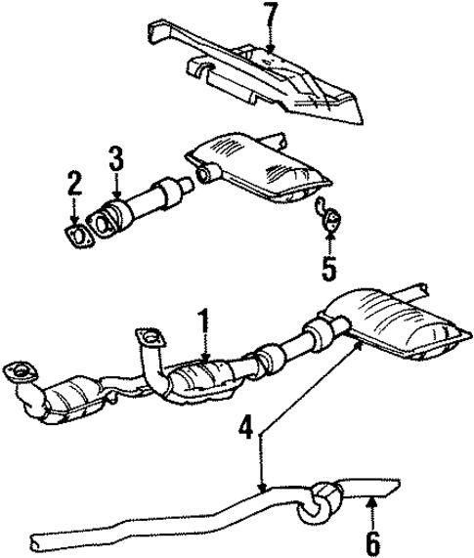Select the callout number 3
115,158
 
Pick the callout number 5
330,265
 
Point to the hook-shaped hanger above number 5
328,209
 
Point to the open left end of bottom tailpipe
36,540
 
